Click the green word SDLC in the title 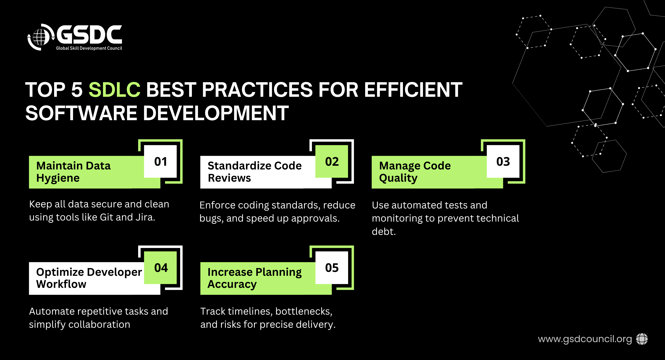pyautogui.click(x=114, y=90)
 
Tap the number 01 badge pyautogui.click(x=160, y=161)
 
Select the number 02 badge pyautogui.click(x=332, y=161)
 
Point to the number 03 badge pyautogui.click(x=503, y=161)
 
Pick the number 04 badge pyautogui.click(x=160, y=268)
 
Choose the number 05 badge pyautogui.click(x=332, y=268)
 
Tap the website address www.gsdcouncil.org pyautogui.click(x=585, y=339)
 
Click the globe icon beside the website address pyautogui.click(x=642, y=339)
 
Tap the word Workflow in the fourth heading pyautogui.click(x=61, y=284)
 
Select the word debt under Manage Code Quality pyautogui.click(x=384, y=231)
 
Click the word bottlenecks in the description pyautogui.click(x=304, y=311)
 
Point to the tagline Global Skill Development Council pyautogui.click(x=89, y=48)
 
